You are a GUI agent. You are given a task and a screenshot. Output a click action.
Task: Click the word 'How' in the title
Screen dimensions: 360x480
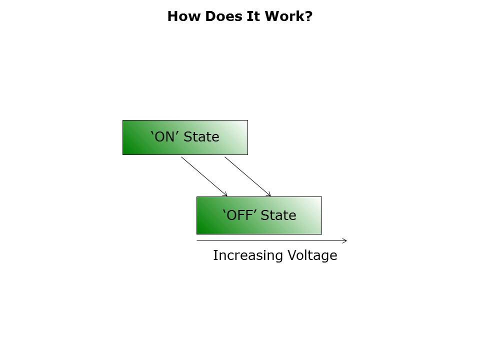180,16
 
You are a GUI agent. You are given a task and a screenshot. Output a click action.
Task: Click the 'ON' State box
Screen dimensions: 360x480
185,137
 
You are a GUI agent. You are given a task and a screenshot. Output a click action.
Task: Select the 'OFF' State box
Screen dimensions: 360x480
259,215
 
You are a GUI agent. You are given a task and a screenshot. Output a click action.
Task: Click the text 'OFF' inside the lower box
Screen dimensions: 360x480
237,215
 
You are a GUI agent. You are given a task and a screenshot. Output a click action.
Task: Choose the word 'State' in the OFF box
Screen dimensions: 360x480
278,215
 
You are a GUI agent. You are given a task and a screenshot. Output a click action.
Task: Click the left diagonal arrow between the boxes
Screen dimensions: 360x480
203,176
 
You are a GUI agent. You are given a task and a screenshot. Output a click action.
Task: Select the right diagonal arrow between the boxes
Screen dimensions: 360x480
247,176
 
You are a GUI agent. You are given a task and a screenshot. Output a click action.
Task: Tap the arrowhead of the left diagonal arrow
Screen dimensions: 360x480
226,195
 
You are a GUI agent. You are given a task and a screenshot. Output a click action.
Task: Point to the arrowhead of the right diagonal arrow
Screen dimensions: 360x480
269,195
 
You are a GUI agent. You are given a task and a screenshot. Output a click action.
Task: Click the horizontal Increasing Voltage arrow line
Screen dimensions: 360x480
270,241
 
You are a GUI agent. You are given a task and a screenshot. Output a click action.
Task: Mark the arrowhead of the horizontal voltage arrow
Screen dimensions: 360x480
345,241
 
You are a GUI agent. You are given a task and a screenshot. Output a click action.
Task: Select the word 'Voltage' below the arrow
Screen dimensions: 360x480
312,256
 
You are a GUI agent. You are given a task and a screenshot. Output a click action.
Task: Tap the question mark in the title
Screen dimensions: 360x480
309,16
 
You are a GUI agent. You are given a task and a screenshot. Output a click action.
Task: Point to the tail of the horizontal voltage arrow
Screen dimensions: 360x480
198,241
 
